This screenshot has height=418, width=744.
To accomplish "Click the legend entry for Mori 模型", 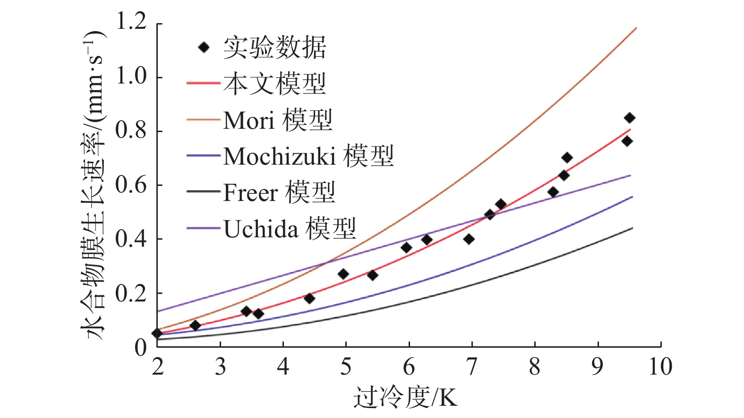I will pos(278,120).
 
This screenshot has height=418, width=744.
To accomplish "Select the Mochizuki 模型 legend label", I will pos(308,156).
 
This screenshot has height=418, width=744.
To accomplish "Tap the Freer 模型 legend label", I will pos(279,192).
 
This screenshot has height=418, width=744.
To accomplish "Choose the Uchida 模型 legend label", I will pos(289,229).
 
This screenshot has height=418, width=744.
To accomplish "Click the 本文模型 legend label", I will pos(274,84).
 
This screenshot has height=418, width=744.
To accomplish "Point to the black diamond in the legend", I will pos(204,47).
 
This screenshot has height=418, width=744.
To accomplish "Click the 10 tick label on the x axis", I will pos(660,367).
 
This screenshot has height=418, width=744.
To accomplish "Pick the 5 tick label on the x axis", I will pos(346,367).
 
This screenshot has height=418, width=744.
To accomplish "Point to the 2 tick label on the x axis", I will pos(157,367).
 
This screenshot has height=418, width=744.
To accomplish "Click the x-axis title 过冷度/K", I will pos(405,397).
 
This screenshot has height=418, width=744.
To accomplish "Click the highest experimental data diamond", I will pos(629,118).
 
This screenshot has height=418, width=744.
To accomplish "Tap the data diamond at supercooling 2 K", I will pos(157,333).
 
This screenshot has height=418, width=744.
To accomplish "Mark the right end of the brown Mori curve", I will pos(636,28).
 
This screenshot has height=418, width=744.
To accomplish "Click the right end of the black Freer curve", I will pos(632,228).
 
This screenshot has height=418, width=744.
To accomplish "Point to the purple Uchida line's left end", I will pos(158,311).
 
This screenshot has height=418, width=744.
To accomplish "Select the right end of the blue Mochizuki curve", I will pos(632,197).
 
